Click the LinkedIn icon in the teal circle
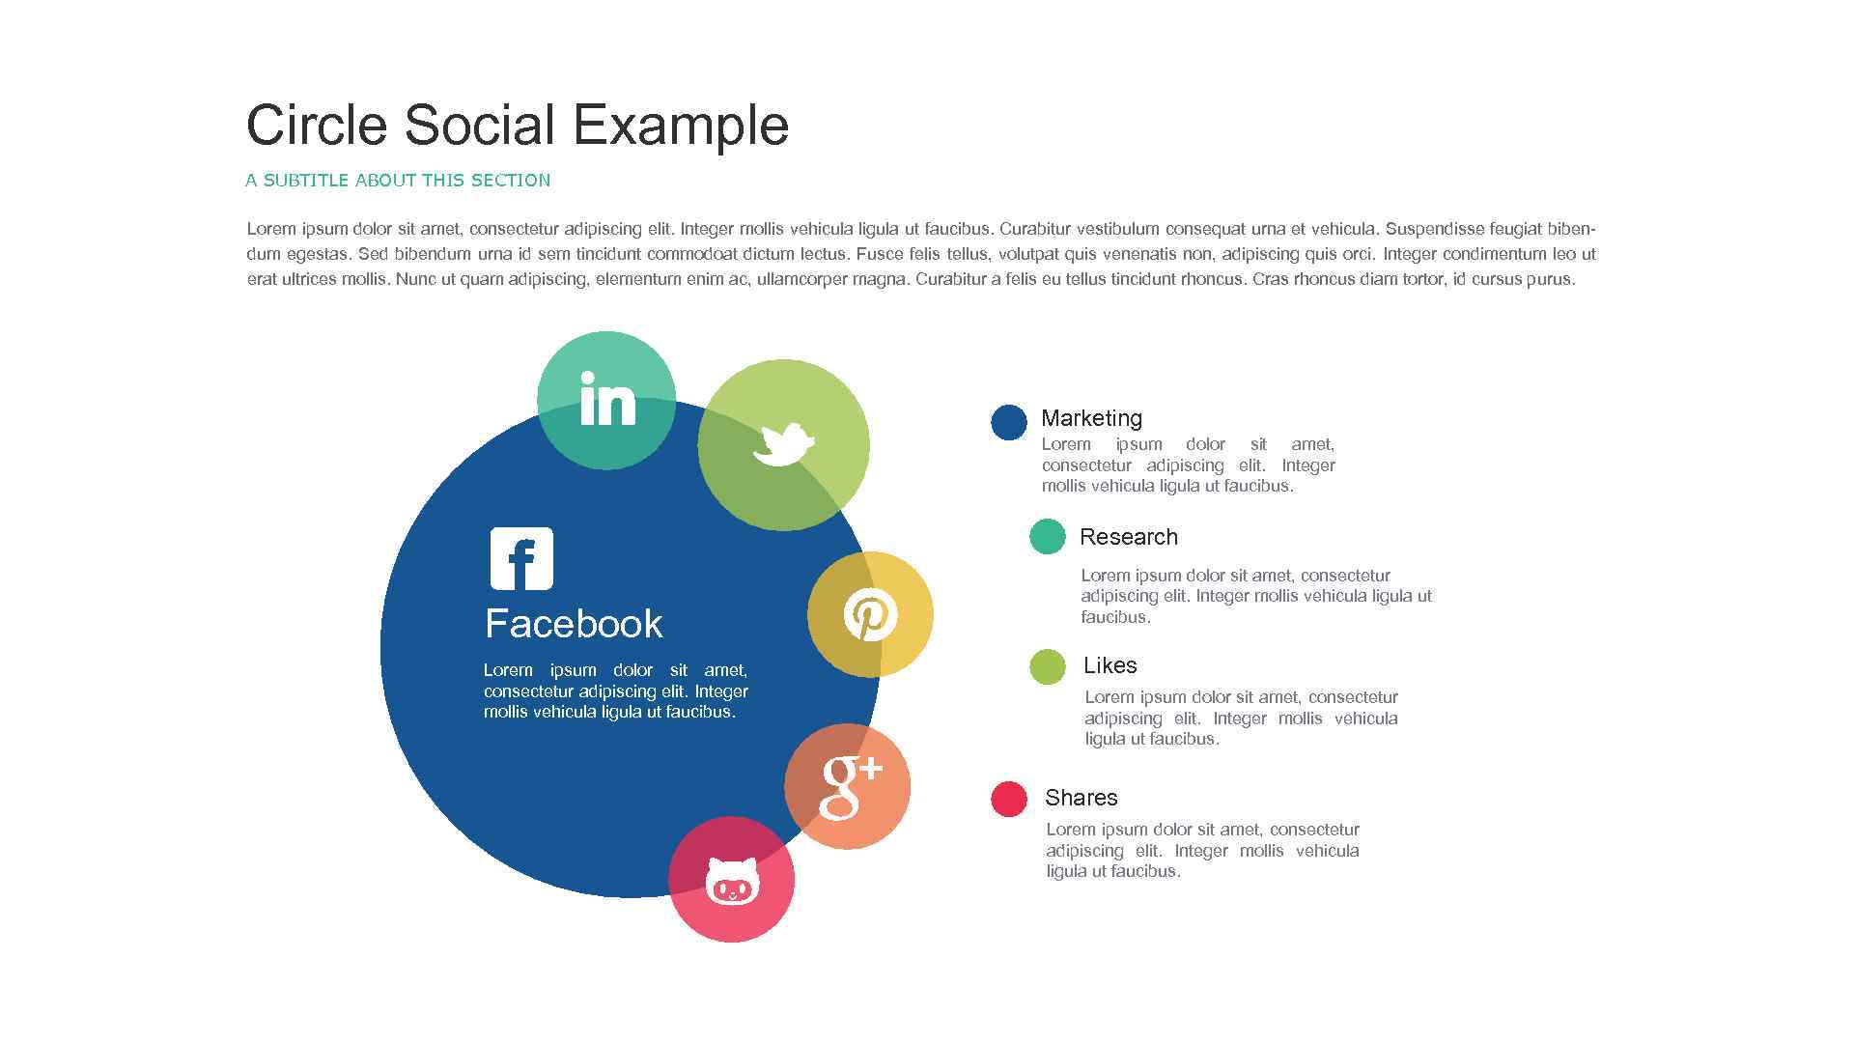(607, 399)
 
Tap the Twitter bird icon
(783, 444)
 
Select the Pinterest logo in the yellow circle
(870, 614)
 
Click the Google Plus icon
(850, 786)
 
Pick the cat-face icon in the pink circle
(732, 881)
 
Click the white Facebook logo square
(521, 558)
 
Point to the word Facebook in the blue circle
(574, 624)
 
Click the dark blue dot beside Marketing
(1009, 423)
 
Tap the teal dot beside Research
(1048, 537)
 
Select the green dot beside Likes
(1048, 666)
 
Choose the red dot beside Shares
(1009, 800)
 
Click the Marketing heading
(1091, 418)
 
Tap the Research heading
(1129, 537)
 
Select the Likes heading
(1110, 665)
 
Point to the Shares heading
(1081, 798)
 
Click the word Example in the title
(681, 126)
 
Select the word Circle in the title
(317, 126)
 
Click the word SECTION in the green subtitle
(511, 181)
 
